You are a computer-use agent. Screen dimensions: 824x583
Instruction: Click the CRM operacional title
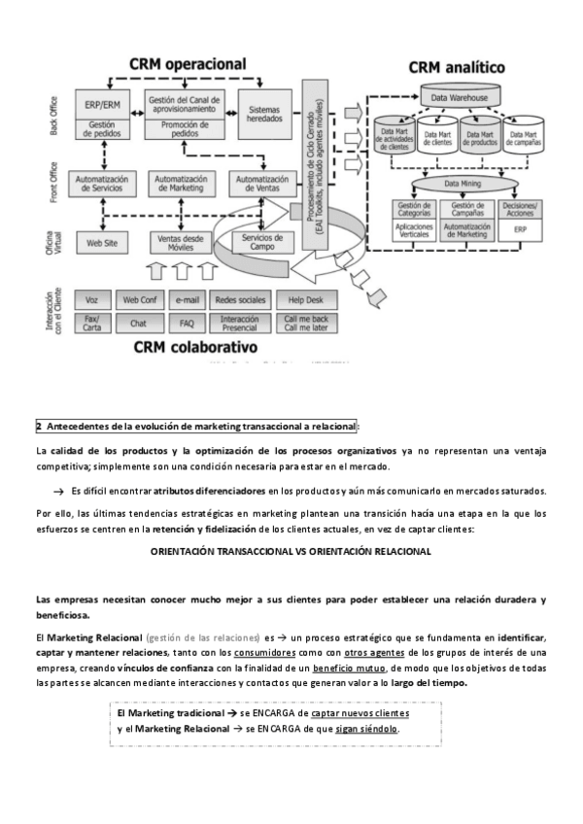tap(189, 64)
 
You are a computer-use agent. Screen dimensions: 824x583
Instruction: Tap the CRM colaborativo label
tap(195, 346)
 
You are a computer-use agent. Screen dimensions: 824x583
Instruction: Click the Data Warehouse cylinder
tap(461, 98)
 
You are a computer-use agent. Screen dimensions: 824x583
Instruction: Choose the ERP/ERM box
tap(102, 104)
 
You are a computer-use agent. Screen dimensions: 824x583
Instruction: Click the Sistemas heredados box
tap(264, 113)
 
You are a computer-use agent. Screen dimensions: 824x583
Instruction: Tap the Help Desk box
tap(305, 299)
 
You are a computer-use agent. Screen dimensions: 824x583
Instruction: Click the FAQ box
tap(187, 323)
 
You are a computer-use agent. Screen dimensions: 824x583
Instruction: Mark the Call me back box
tap(305, 323)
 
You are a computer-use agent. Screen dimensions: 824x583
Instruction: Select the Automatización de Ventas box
tap(262, 184)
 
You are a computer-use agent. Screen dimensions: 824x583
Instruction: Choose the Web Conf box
tap(138, 299)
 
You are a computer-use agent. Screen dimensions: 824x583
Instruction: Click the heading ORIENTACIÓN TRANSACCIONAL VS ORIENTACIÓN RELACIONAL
tap(291, 550)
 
